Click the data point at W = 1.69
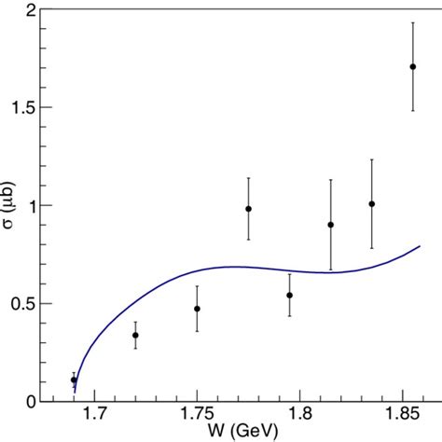(x=74, y=380)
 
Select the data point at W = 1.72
(x=135, y=335)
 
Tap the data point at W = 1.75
(x=197, y=309)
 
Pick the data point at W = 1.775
(x=248, y=209)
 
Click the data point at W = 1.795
(x=289, y=295)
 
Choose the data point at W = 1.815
(x=330, y=224)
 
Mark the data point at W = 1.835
(x=371, y=203)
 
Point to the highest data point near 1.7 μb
(x=412, y=66)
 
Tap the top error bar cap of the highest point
(x=412, y=22)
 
